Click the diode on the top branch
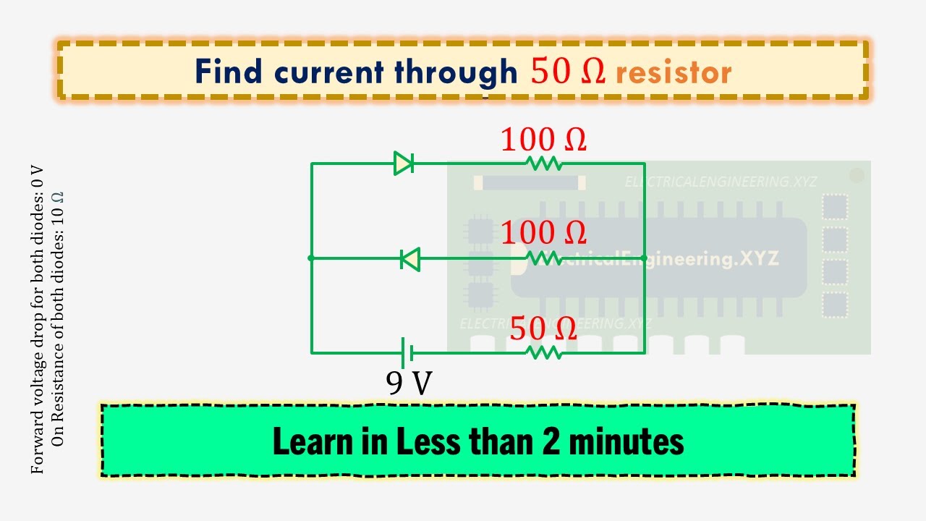[404, 164]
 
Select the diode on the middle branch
[411, 258]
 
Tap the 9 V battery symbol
[407, 353]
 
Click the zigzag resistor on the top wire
[544, 164]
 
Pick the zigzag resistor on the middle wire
[544, 258]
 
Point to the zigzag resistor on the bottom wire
[543, 353]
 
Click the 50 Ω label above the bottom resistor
[543, 329]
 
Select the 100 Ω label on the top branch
[543, 140]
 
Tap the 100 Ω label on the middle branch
[543, 233]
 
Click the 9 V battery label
[409, 383]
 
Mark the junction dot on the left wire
[311, 258]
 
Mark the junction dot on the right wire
[644, 258]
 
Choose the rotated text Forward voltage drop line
[38, 318]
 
